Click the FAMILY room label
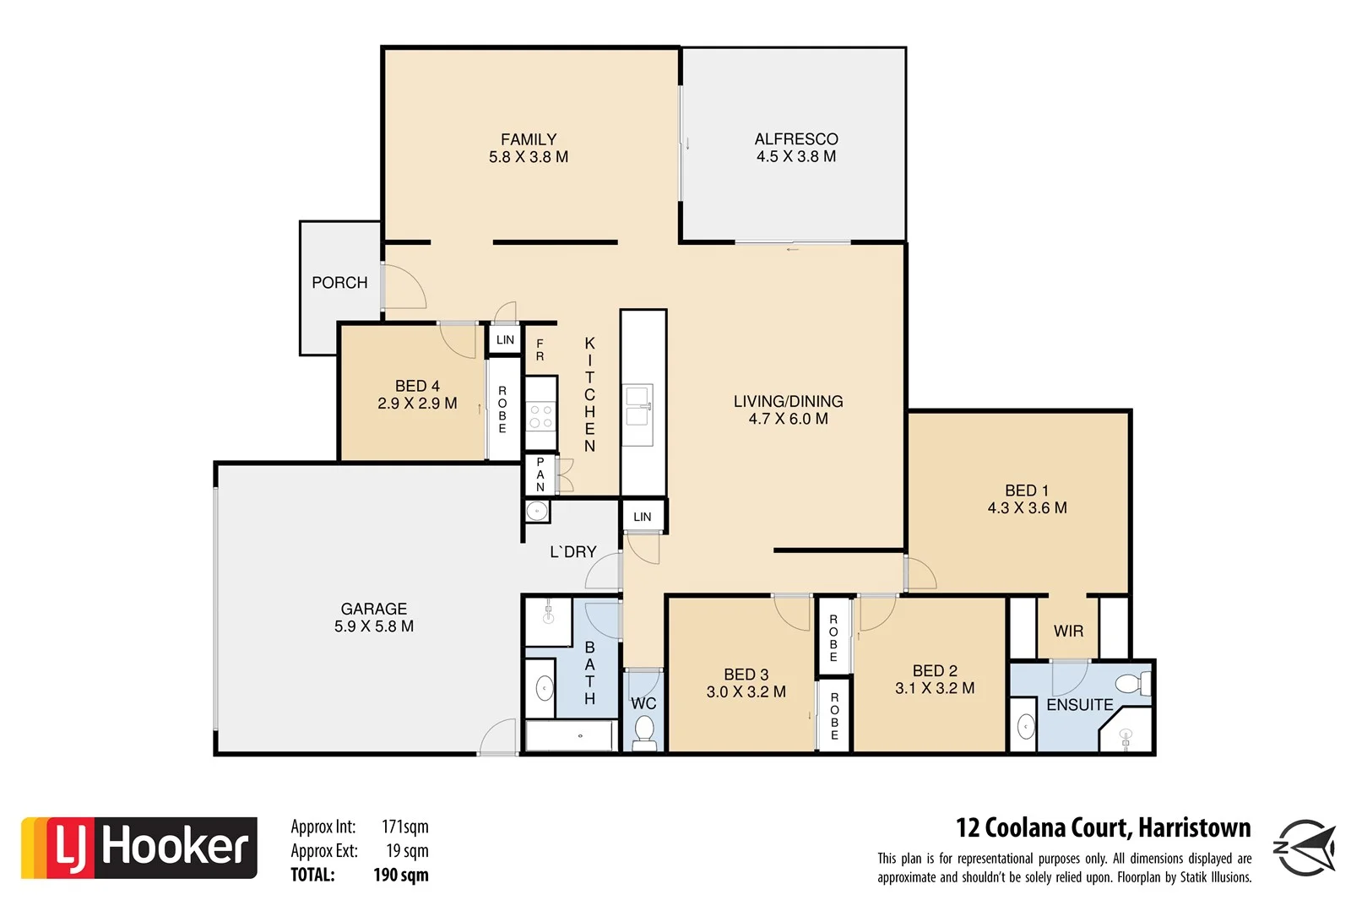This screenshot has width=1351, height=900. pyautogui.click(x=529, y=140)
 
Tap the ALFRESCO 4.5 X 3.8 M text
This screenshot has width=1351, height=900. pyautogui.click(x=796, y=148)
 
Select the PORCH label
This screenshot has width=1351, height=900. pyautogui.click(x=339, y=283)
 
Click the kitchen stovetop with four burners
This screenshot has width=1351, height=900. pyautogui.click(x=540, y=415)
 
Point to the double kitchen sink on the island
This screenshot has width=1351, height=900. pyautogui.click(x=638, y=405)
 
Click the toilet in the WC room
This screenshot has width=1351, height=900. pyautogui.click(x=644, y=730)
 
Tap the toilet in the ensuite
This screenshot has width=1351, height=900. pyautogui.click(x=1131, y=682)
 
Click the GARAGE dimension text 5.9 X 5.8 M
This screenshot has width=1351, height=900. pyautogui.click(x=374, y=626)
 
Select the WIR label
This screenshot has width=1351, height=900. pyautogui.click(x=1068, y=632)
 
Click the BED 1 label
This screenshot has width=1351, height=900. pyautogui.click(x=1027, y=491)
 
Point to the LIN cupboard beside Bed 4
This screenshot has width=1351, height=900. pyautogui.click(x=505, y=340)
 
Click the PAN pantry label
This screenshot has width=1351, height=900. pyautogui.click(x=540, y=474)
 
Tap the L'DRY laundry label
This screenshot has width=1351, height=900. pyautogui.click(x=572, y=552)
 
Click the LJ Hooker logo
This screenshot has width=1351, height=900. pyautogui.click(x=139, y=848)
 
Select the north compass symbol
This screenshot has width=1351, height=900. pyautogui.click(x=1305, y=848)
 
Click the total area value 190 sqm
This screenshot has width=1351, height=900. pyautogui.click(x=400, y=876)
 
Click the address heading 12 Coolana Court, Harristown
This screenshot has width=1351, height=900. pyautogui.click(x=1103, y=827)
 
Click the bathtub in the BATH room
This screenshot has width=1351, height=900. pyautogui.click(x=570, y=736)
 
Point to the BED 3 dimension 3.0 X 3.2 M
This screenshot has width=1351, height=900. pyautogui.click(x=746, y=692)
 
